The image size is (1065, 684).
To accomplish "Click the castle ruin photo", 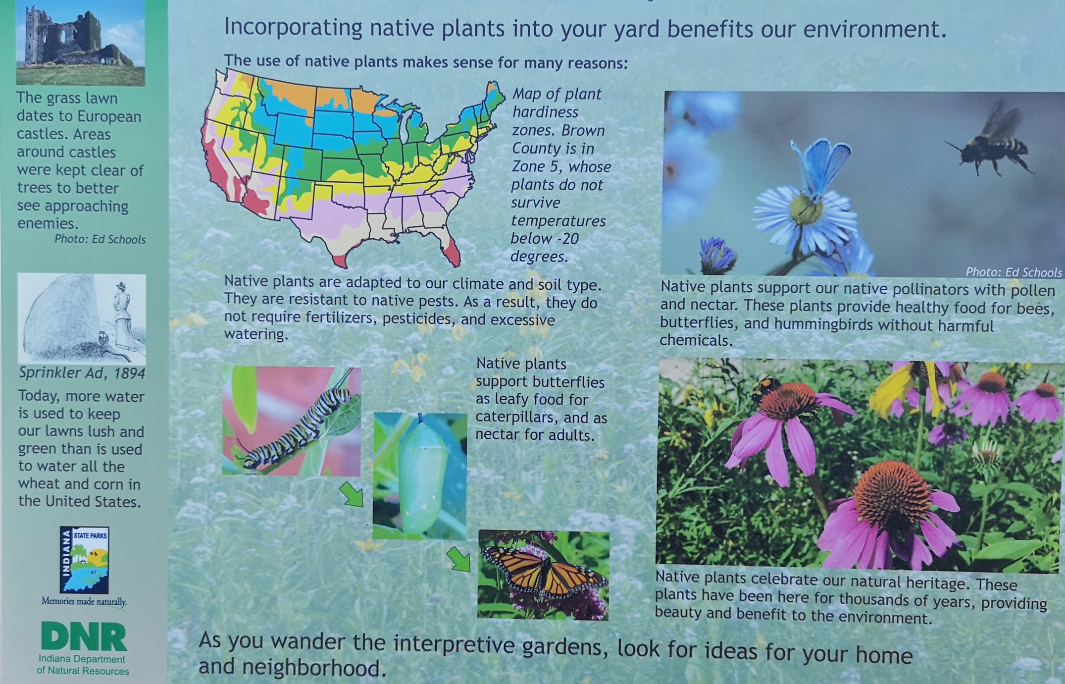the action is coord(80,43).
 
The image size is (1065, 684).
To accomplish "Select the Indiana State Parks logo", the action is coord(84,560).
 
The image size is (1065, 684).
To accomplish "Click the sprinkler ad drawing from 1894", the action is coord(82,319).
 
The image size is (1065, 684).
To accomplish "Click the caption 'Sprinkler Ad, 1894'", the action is coord(82,373).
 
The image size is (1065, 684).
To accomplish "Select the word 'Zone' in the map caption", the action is coord(529,166).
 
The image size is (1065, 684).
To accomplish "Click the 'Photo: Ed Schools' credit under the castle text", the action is coord(100,239).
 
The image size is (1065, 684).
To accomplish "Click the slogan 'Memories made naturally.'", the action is coord(84,602).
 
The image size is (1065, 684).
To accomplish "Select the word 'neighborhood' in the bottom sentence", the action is coord(303,668).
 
